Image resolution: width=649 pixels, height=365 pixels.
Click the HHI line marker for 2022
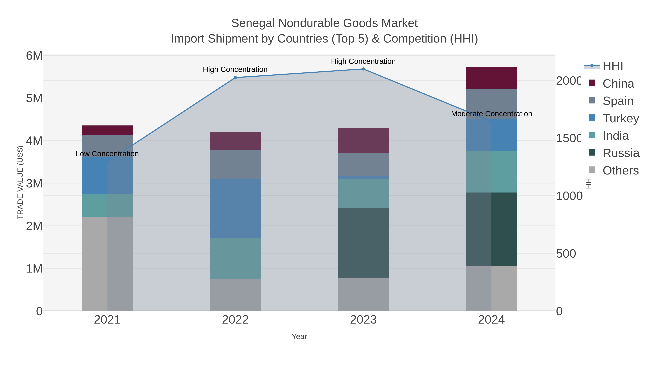235,78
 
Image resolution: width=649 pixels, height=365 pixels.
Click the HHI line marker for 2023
363,69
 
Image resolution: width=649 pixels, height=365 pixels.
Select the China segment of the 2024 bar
491,78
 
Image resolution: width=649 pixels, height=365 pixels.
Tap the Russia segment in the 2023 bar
363,243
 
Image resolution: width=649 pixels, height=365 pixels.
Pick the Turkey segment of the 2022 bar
235,208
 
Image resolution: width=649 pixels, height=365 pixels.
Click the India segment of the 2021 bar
107,205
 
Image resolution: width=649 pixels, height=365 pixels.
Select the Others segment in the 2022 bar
235,295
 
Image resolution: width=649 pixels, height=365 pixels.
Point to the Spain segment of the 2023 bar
363,164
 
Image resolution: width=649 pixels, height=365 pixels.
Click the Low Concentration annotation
107,154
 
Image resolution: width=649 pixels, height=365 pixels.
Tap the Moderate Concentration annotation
491,114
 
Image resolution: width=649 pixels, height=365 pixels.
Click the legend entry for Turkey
621,118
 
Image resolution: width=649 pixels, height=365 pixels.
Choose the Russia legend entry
621,153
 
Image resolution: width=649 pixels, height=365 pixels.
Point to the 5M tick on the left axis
34,98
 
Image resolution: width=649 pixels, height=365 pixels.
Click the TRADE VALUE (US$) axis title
20,182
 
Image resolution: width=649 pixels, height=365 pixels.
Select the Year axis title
299,337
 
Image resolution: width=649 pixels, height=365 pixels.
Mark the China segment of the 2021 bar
107,130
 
